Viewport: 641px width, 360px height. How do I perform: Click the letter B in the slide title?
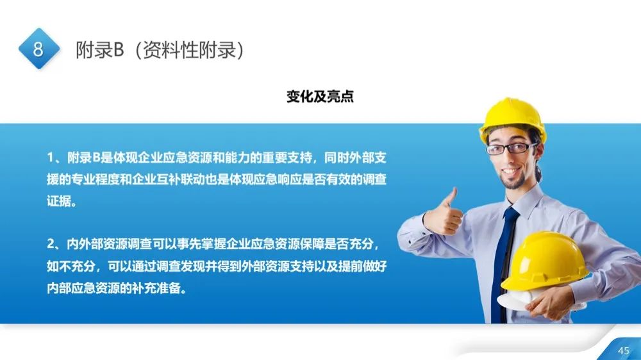(117, 51)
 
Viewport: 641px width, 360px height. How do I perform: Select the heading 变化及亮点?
(320, 97)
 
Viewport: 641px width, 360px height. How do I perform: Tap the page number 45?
(623, 350)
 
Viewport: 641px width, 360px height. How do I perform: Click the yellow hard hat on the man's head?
(512, 118)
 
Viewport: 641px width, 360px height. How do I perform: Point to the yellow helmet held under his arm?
(544, 259)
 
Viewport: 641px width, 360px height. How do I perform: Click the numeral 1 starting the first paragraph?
(50, 158)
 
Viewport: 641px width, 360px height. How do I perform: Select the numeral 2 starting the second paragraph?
(51, 244)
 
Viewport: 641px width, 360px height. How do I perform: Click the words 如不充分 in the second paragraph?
(70, 266)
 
